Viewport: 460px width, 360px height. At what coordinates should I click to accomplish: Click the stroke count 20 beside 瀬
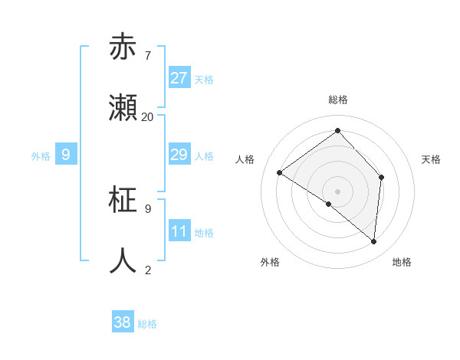tap(147, 117)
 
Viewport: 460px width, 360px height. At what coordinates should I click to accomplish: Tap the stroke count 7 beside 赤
tap(147, 56)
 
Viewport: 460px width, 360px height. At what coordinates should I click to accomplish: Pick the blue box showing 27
tap(179, 78)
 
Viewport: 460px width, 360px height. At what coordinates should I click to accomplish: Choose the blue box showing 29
tap(179, 155)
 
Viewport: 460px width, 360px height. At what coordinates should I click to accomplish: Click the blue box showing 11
tap(179, 231)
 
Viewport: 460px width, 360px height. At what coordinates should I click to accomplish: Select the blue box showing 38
tap(123, 322)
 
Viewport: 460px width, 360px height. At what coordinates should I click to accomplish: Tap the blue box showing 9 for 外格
tap(66, 155)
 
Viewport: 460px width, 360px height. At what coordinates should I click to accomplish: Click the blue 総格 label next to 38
tap(147, 324)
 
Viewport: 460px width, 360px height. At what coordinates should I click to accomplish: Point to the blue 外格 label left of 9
tap(41, 156)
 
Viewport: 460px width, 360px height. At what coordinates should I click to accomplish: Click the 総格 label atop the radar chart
tap(337, 100)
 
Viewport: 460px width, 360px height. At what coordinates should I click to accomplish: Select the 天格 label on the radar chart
tap(431, 159)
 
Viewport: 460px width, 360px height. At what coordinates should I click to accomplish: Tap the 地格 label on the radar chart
tap(402, 263)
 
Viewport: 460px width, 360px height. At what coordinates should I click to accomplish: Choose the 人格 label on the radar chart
tap(245, 159)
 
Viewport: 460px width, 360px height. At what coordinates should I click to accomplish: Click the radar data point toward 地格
tap(373, 241)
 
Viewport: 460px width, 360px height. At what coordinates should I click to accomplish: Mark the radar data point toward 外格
tap(329, 204)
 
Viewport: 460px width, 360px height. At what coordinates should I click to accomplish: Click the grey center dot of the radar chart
tap(337, 191)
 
